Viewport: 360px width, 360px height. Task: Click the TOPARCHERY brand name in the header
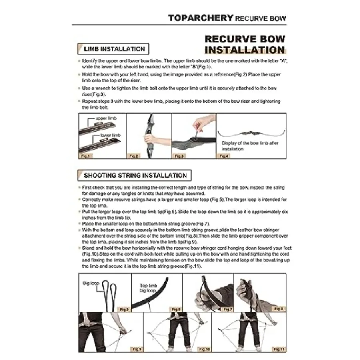(200, 18)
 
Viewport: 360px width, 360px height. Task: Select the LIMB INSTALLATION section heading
(114, 49)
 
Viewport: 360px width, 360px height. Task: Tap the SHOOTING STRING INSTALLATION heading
(135, 176)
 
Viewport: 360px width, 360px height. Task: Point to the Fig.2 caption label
(134, 156)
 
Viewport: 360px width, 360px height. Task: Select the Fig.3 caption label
(179, 156)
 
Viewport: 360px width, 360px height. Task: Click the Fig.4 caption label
(224, 156)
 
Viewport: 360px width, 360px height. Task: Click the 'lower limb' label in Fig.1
(110, 136)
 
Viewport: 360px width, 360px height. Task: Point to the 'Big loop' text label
(91, 283)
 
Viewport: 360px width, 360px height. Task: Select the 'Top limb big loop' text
(148, 288)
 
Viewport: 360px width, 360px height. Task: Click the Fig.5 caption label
(124, 309)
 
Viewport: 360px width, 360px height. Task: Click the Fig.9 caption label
(136, 349)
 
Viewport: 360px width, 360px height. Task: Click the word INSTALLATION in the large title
(244, 50)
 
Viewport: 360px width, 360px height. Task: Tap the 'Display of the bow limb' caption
(250, 146)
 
